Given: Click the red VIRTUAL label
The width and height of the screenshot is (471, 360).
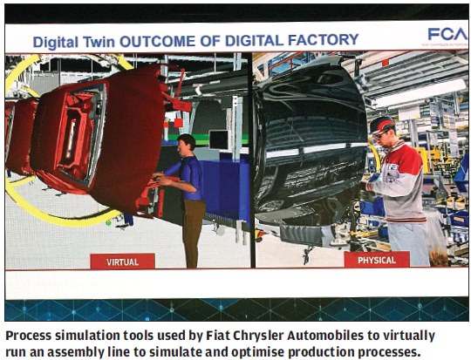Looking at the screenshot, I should click(122, 261).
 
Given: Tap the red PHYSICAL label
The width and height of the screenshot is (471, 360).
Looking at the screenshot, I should click(377, 259).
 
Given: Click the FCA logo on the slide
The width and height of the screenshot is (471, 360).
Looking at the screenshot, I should click(445, 36).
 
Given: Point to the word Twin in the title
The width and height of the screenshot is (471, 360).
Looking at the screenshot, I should click(113, 41).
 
